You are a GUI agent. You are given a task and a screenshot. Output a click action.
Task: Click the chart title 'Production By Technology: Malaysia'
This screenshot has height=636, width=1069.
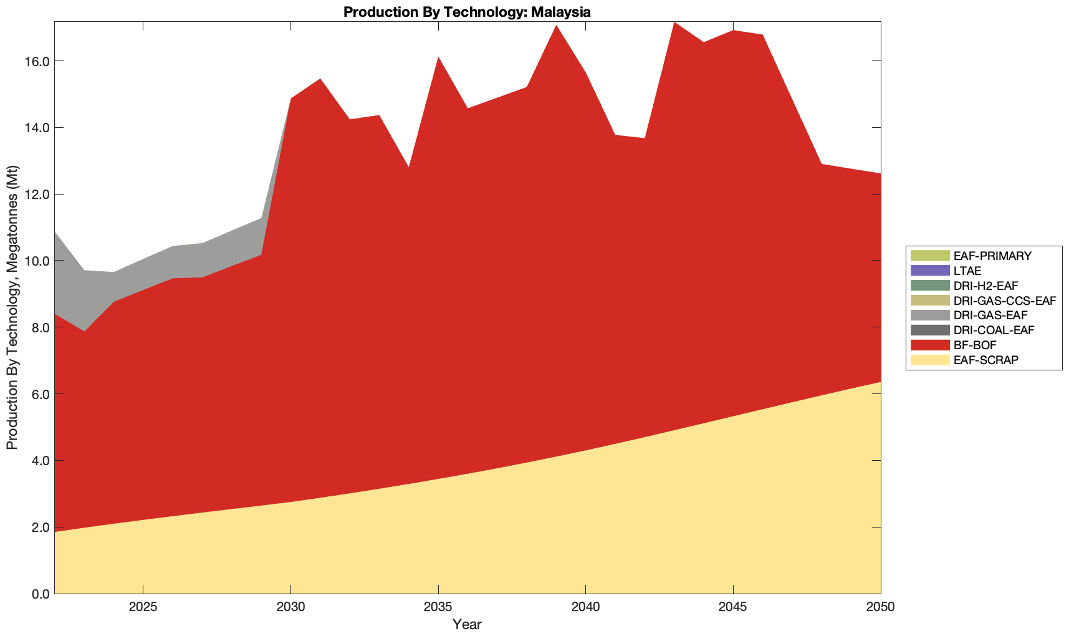467,11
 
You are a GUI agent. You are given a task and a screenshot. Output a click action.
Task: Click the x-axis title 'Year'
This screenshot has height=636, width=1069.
467,624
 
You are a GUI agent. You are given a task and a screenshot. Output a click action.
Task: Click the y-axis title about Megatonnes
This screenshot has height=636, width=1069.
12,307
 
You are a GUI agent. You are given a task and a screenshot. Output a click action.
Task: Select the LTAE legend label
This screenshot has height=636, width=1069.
967,271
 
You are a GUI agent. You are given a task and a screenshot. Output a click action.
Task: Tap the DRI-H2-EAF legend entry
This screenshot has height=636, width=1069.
985,286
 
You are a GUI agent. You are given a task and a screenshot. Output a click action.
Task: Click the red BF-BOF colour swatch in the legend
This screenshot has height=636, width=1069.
929,345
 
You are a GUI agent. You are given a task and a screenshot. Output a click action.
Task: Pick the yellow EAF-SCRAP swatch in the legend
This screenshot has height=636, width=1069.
929,360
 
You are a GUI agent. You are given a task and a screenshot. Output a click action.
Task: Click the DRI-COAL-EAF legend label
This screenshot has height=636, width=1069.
994,330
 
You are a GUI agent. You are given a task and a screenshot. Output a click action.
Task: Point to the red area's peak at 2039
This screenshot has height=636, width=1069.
555,26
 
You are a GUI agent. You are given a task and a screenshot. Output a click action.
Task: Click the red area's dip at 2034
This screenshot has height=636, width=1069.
408,168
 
